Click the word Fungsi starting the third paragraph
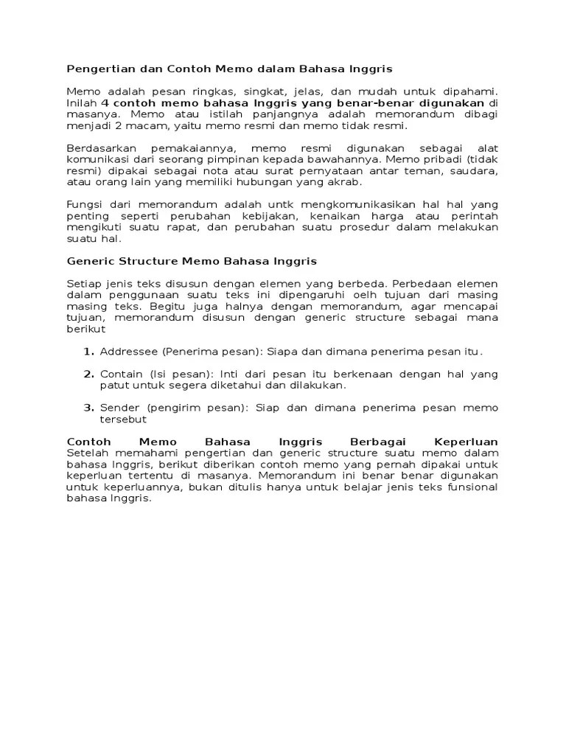(83, 204)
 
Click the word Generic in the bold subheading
(89, 261)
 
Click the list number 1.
(88, 352)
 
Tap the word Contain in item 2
(121, 374)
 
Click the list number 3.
(88, 408)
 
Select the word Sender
(119, 408)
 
